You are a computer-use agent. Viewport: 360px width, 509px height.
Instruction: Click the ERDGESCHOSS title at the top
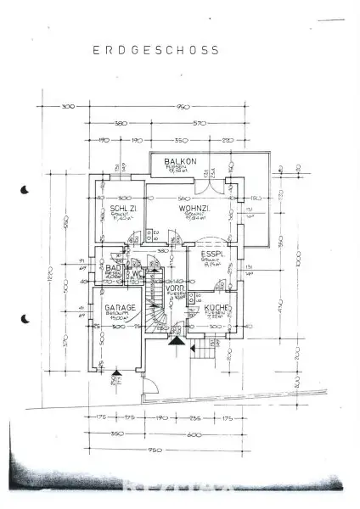coord(155,50)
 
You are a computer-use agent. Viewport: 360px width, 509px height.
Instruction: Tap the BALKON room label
coord(180,162)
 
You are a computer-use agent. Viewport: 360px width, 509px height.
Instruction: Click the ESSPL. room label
coord(211,253)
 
